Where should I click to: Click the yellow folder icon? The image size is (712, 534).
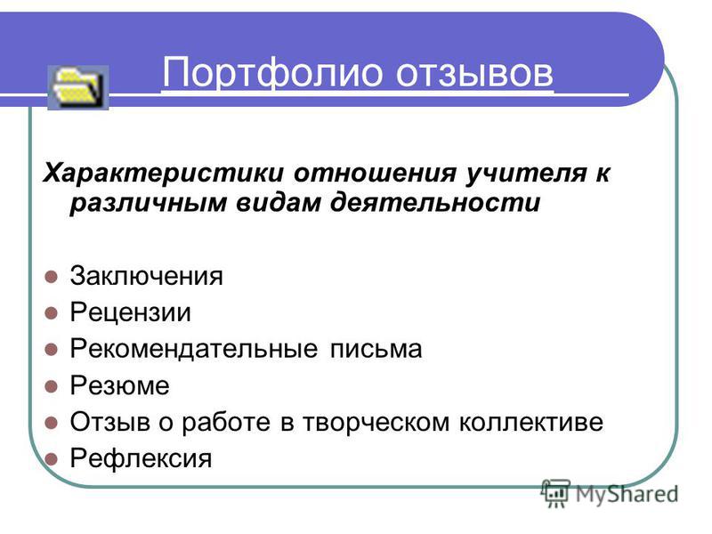tap(78, 87)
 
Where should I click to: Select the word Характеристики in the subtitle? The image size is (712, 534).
tap(164, 173)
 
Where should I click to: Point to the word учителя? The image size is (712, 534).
tap(526, 174)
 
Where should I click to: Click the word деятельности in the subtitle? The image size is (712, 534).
tap(435, 203)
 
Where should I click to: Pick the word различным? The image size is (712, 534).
tap(148, 203)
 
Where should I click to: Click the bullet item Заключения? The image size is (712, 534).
tap(147, 276)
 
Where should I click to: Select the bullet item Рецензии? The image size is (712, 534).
tap(131, 313)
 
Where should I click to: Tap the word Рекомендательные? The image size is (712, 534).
tap(194, 349)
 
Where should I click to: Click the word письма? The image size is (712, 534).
tap(376, 350)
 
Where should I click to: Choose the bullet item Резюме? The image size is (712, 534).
tap(120, 386)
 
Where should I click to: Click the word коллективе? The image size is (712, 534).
tap(530, 422)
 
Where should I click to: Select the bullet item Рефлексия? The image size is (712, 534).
tap(142, 458)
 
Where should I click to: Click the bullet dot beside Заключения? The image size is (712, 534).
tap(52, 277)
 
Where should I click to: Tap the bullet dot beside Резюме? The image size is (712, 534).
tap(52, 386)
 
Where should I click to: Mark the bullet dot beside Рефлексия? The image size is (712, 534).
tap(52, 459)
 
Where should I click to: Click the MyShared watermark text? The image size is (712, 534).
tap(627, 494)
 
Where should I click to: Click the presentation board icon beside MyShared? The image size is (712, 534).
tap(555, 493)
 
